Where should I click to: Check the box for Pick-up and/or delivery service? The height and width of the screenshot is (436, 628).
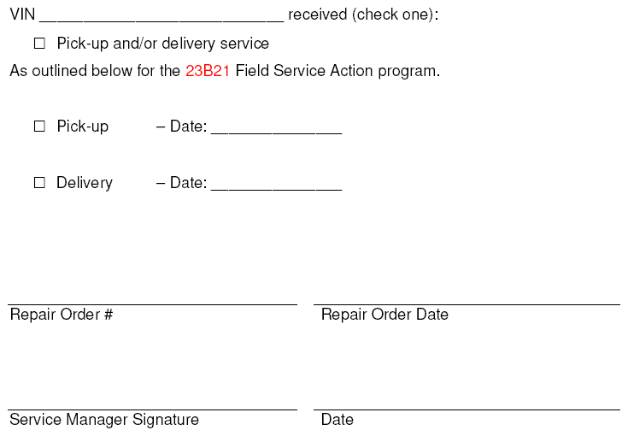(x=39, y=44)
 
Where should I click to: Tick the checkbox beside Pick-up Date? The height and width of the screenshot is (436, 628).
(x=39, y=127)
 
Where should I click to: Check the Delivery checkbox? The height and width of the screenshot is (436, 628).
(x=39, y=183)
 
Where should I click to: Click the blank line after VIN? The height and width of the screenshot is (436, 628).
(x=161, y=21)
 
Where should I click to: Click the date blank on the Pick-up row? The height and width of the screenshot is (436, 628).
(x=276, y=133)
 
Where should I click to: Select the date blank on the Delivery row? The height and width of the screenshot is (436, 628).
(x=276, y=190)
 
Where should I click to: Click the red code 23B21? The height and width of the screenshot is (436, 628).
(x=208, y=71)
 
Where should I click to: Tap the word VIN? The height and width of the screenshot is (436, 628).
(x=22, y=15)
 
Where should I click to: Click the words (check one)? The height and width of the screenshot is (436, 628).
(x=396, y=15)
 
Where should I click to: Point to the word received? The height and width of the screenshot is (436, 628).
(x=318, y=15)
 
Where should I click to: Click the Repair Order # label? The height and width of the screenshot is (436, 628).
(x=62, y=315)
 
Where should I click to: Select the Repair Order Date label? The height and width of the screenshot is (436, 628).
(x=384, y=315)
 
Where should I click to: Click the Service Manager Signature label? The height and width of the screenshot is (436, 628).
(x=104, y=420)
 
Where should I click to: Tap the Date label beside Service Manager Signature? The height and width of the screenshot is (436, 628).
(x=337, y=420)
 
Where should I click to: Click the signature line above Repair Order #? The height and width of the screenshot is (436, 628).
(x=152, y=305)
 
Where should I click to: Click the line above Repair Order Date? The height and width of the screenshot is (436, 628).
(x=467, y=305)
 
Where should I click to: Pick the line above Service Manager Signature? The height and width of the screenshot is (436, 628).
(x=152, y=410)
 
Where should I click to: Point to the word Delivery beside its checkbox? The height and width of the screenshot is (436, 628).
(x=85, y=183)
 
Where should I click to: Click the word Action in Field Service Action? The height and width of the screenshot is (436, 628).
(x=352, y=71)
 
